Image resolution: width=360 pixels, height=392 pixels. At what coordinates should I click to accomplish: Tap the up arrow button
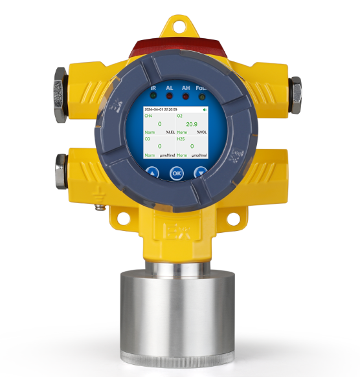point(152,173)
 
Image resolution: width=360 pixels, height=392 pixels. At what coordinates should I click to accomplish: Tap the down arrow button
point(201,173)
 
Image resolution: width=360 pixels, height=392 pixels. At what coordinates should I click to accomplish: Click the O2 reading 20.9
point(192,124)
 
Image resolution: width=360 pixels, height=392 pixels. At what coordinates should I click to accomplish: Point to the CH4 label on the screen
point(149,116)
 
